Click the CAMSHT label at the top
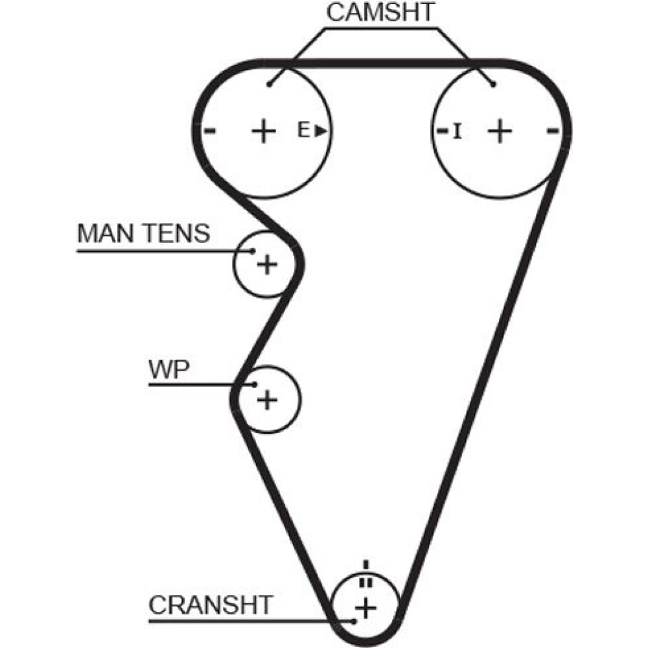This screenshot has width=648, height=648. [x=382, y=13]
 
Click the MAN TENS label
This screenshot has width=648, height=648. [x=143, y=233]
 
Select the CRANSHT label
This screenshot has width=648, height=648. [x=211, y=605]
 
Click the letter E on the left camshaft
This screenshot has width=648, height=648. [x=303, y=130]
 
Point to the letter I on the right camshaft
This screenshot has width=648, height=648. [x=457, y=132]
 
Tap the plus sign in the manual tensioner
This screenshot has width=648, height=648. [x=267, y=264]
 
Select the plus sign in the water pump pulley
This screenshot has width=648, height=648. [x=267, y=400]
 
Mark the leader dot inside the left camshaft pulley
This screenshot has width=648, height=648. [x=269, y=84]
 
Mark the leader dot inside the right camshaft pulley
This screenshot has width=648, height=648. [x=494, y=84]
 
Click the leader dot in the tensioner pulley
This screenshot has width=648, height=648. [x=253, y=251]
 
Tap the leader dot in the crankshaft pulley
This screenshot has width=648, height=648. [x=354, y=621]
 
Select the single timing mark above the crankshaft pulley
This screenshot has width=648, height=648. [x=365, y=564]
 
